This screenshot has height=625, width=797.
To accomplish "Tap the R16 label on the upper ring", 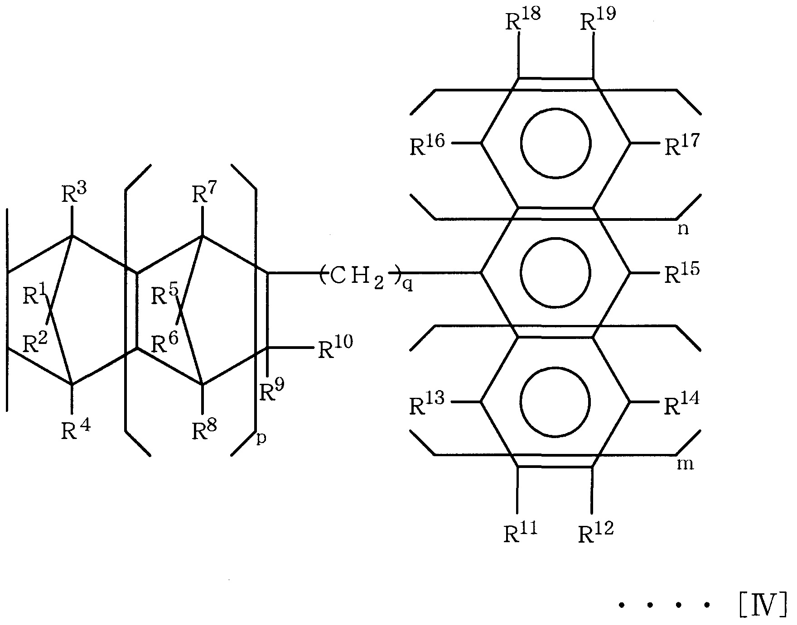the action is tap(427, 144).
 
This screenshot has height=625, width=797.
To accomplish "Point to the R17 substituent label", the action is tap(682, 144).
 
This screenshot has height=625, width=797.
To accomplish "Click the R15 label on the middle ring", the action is tap(682, 273).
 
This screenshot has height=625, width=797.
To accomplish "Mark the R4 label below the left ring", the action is tap(76, 429).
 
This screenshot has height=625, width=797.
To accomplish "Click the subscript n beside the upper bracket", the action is tap(683, 229).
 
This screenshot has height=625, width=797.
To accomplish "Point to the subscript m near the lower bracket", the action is tap(685, 463).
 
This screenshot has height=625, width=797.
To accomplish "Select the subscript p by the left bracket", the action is tap(261, 439).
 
